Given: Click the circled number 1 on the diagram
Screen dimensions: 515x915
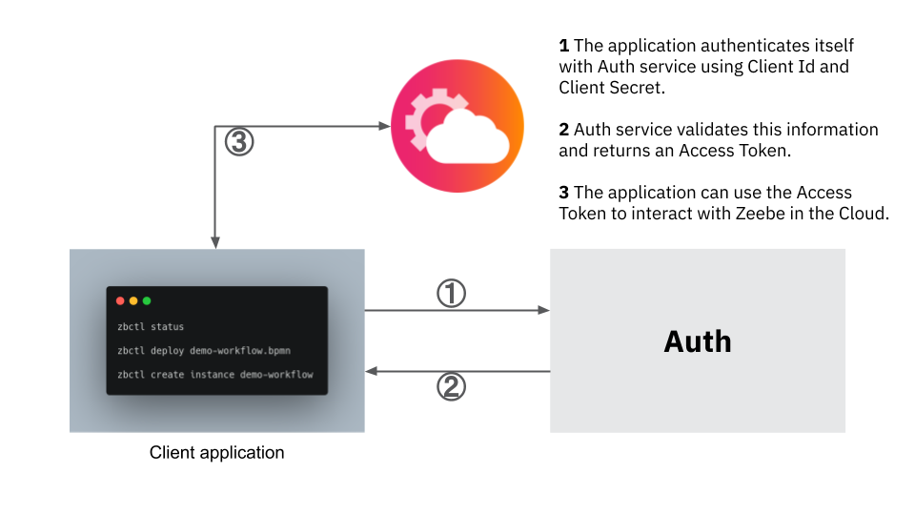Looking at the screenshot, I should (451, 294).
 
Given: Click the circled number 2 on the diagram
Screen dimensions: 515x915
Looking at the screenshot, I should (451, 386).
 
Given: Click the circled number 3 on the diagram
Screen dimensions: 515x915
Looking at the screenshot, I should (239, 142).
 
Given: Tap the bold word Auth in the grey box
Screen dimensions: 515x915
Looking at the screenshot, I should (698, 341).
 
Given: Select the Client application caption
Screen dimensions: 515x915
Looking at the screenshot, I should (216, 452).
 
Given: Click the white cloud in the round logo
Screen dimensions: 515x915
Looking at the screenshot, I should (466, 139).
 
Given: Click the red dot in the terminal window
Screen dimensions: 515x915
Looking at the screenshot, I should (120, 301).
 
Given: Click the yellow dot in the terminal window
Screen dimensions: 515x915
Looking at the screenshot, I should (133, 301).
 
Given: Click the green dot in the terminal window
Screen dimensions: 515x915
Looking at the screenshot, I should (147, 301).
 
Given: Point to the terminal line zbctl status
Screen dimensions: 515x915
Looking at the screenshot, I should (151, 327).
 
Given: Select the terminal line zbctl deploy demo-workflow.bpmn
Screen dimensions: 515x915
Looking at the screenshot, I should (203, 351).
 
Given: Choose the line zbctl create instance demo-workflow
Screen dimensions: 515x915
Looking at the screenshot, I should (214, 375).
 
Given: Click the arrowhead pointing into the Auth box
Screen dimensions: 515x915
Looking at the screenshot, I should (544, 310).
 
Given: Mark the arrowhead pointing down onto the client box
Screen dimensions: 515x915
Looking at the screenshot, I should (216, 243).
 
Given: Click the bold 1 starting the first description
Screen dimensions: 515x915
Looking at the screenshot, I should (563, 46).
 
